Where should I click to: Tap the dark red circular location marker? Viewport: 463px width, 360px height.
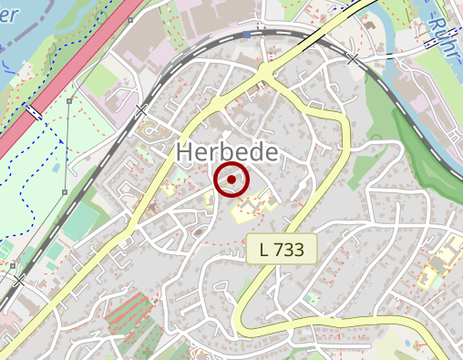coord(231,180)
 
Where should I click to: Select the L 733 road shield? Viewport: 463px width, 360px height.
coord(281,248)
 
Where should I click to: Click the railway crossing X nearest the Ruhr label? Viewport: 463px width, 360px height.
coord(353,58)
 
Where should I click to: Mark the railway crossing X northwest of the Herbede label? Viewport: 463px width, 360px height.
coord(140,110)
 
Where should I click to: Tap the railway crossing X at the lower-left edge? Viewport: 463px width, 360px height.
coord(17,281)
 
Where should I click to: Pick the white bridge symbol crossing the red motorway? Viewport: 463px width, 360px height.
coord(33,111)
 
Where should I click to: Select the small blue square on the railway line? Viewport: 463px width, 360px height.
coord(246,35)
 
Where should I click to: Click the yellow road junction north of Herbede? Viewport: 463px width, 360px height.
coord(264,70)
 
